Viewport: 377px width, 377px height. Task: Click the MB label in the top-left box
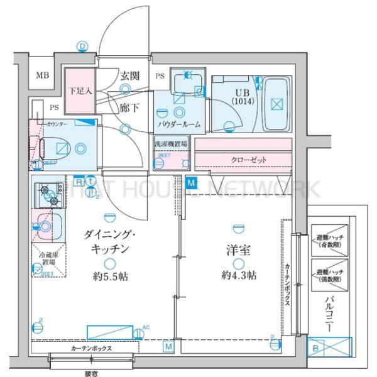pos(41,77)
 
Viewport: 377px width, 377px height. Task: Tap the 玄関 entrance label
pos(129,77)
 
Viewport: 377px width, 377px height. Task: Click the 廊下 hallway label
pos(129,107)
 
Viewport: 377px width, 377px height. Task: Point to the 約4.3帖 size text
pos(238,275)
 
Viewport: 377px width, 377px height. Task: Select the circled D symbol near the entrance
pos(82,46)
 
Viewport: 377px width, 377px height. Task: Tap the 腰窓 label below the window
pos(92,373)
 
